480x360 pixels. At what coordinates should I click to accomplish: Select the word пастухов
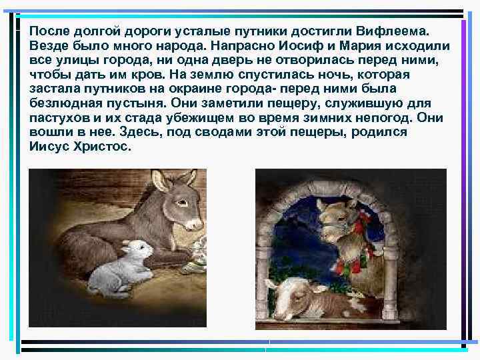click(x=58, y=118)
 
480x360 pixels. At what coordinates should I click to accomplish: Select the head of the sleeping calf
click(x=292, y=293)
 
